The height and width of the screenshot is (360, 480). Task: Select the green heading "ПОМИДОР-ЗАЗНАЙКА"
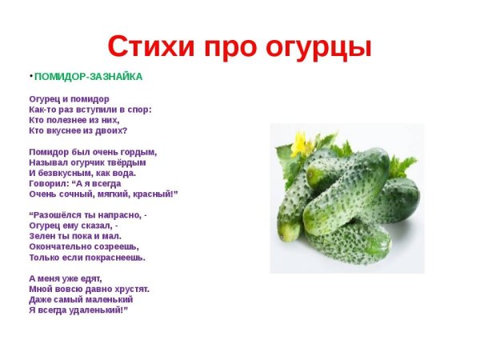[x=88, y=77]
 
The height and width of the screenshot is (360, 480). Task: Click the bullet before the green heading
[x=30, y=75]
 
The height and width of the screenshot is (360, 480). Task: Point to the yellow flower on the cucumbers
[x=300, y=144]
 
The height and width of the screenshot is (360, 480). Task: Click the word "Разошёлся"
[x=62, y=215]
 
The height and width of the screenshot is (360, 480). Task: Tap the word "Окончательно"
[x=61, y=247]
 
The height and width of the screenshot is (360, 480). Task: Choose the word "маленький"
[x=104, y=298]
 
